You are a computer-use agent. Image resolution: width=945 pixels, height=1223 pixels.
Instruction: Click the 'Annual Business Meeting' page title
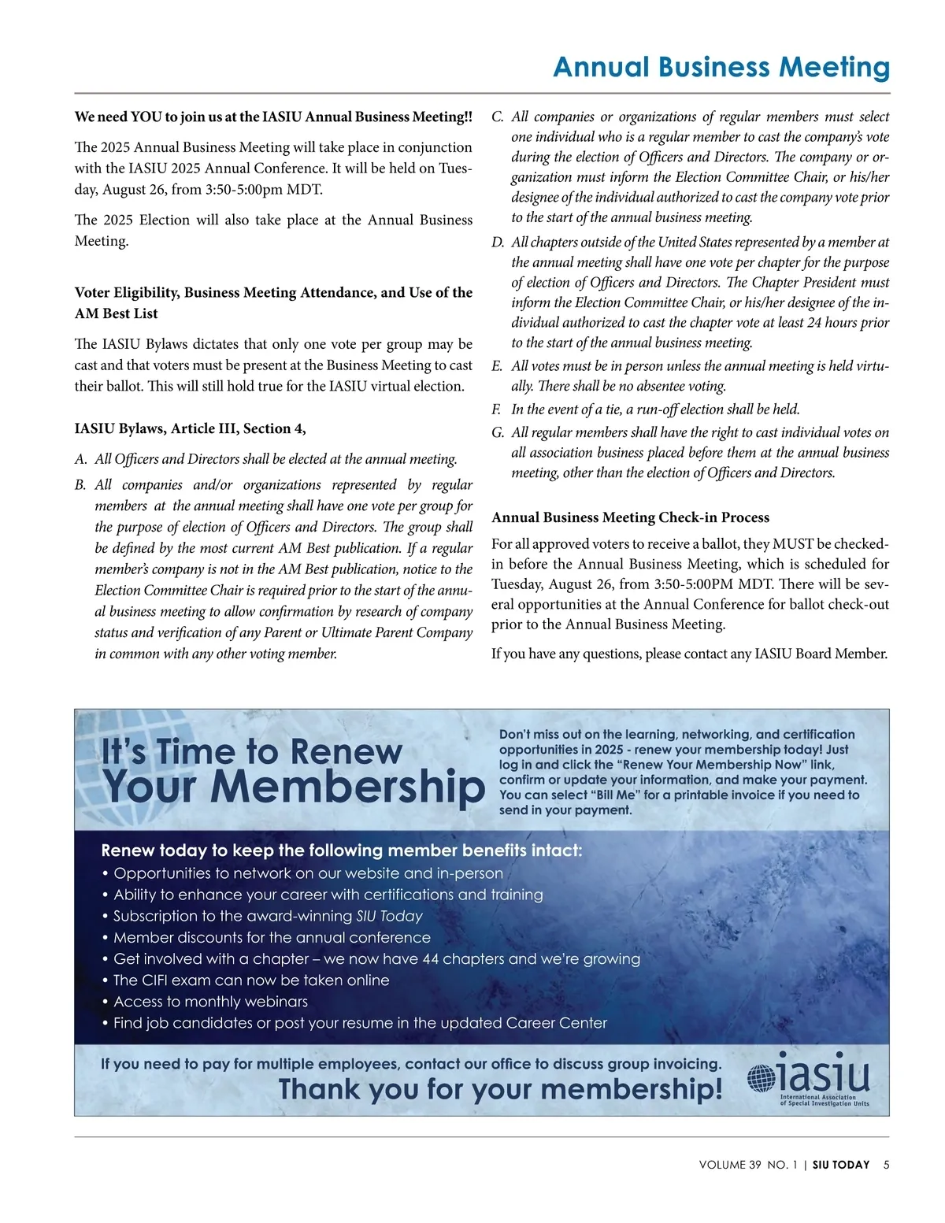tap(721, 68)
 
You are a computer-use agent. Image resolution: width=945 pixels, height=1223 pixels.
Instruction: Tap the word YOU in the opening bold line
tap(146, 117)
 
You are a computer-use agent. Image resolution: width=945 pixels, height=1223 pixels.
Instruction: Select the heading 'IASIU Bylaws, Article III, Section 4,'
tap(191, 428)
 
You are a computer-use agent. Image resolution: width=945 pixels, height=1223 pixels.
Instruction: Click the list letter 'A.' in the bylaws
tap(81, 459)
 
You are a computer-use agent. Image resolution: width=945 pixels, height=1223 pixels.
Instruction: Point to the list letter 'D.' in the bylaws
tap(498, 243)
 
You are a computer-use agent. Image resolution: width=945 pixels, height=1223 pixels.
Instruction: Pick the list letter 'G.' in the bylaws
tap(498, 432)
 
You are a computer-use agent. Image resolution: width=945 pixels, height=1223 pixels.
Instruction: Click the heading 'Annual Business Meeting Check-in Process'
tap(630, 517)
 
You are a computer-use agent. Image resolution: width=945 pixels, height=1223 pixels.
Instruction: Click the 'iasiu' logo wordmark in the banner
tap(824, 1073)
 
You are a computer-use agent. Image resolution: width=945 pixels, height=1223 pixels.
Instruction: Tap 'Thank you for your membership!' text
tap(500, 1090)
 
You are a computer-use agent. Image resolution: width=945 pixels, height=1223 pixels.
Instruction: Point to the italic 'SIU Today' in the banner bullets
tap(389, 916)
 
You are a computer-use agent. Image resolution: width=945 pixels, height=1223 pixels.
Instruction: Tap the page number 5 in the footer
tap(886, 1165)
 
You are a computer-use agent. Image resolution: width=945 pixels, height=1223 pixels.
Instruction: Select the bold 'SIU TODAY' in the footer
tap(841, 1165)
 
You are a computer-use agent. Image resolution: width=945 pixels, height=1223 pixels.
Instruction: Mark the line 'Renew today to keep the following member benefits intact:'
tap(342, 851)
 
